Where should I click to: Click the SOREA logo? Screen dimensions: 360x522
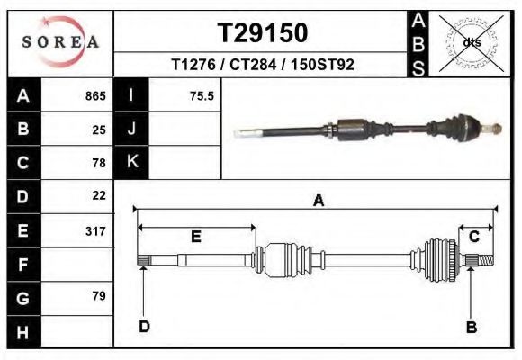[60, 42]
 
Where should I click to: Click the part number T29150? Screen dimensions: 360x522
[263, 33]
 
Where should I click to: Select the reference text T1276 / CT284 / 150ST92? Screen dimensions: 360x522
[263, 66]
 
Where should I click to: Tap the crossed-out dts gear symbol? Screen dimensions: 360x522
[472, 42]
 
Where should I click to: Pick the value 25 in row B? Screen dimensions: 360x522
[99, 130]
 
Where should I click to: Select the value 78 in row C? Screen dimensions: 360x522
[99, 163]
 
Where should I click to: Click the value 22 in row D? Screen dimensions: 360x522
[99, 195]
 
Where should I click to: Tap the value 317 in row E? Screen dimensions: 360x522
[95, 230]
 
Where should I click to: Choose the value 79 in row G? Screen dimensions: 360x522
[99, 296]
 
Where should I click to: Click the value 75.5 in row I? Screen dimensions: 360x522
[202, 96]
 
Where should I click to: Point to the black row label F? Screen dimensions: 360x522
[23, 265]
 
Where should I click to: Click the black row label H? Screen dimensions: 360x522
[23, 331]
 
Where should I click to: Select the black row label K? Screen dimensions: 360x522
[131, 163]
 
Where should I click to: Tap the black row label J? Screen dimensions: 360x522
[131, 130]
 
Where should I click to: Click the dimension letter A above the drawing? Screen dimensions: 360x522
[318, 202]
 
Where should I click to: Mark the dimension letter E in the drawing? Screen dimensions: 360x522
[195, 237]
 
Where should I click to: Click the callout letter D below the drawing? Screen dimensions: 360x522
[143, 326]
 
